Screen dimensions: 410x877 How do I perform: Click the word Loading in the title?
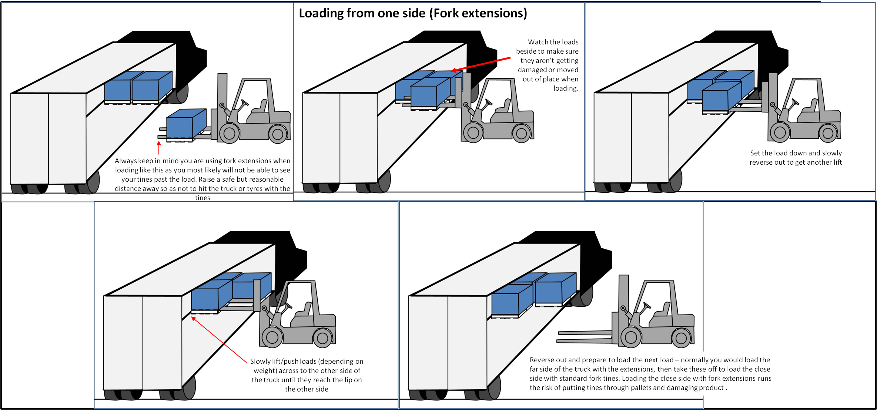coord(321,13)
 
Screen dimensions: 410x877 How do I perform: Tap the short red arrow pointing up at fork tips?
coord(159,148)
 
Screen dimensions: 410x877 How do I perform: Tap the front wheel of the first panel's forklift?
coord(229,134)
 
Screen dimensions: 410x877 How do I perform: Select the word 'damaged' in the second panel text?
coord(532,70)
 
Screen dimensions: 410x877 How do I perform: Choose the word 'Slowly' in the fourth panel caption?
coord(262,362)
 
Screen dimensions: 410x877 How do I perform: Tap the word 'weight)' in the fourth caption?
coord(265,371)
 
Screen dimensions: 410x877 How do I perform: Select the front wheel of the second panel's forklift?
coord(473,132)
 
